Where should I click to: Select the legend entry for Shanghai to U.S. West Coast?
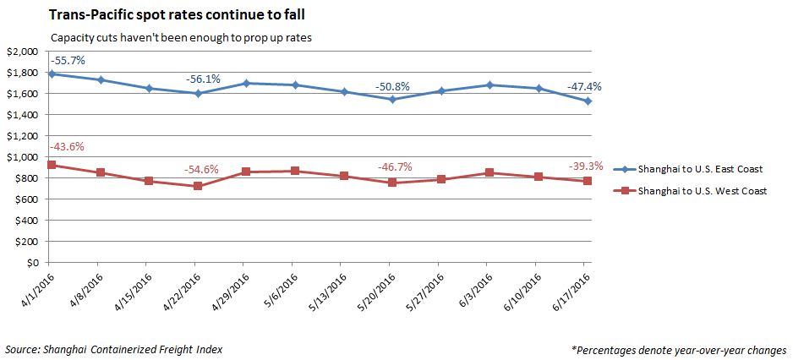pyautogui.click(x=701, y=191)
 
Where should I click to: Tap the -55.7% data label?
pyautogui.click(x=68, y=61)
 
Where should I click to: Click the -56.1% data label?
pyautogui.click(x=203, y=79)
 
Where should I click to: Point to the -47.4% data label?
pyautogui.click(x=584, y=86)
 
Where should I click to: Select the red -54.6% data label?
pyautogui.click(x=201, y=169)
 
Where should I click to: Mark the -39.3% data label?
pyautogui.click(x=585, y=166)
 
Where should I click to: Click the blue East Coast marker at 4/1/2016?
pyautogui.click(x=52, y=74)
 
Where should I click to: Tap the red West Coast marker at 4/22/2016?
pyautogui.click(x=197, y=186)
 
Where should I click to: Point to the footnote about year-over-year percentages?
pyautogui.click(x=679, y=349)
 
